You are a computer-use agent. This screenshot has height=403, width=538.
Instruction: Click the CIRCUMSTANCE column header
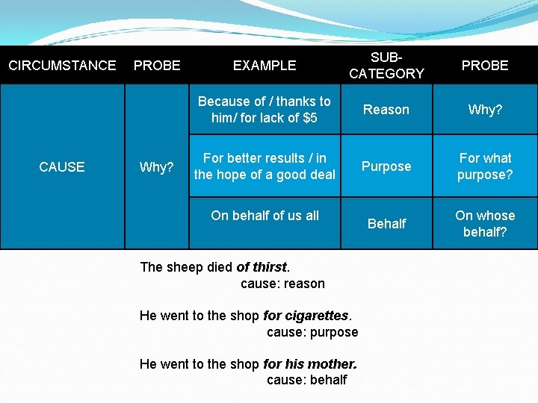click(62, 66)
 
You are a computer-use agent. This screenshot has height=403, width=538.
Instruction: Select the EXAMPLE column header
click(265, 66)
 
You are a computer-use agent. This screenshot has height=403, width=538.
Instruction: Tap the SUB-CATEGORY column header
click(386, 66)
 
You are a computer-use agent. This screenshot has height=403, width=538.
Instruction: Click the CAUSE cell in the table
click(62, 167)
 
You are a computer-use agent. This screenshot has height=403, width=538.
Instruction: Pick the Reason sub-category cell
click(386, 110)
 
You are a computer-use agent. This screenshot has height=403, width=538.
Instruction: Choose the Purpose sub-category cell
click(386, 166)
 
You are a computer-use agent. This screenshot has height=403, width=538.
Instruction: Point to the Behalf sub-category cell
click(387, 223)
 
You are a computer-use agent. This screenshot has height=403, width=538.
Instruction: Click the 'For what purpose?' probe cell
click(485, 166)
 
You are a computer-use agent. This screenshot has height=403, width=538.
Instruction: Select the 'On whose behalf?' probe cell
click(485, 223)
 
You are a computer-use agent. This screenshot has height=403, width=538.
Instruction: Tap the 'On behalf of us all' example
click(265, 216)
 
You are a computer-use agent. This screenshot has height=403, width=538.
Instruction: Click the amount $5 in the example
click(309, 118)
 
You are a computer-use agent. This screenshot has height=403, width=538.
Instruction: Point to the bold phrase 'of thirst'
click(262, 267)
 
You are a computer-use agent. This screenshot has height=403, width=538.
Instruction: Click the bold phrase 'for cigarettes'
click(306, 316)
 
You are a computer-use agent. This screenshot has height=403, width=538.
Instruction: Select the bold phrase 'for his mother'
click(310, 364)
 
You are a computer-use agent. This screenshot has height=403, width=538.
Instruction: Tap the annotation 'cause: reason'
click(282, 284)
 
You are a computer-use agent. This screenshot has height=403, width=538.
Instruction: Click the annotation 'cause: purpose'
click(312, 332)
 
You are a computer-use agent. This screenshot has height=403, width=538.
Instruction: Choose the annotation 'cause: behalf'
click(307, 380)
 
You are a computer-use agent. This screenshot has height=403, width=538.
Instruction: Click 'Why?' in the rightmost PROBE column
click(485, 110)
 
